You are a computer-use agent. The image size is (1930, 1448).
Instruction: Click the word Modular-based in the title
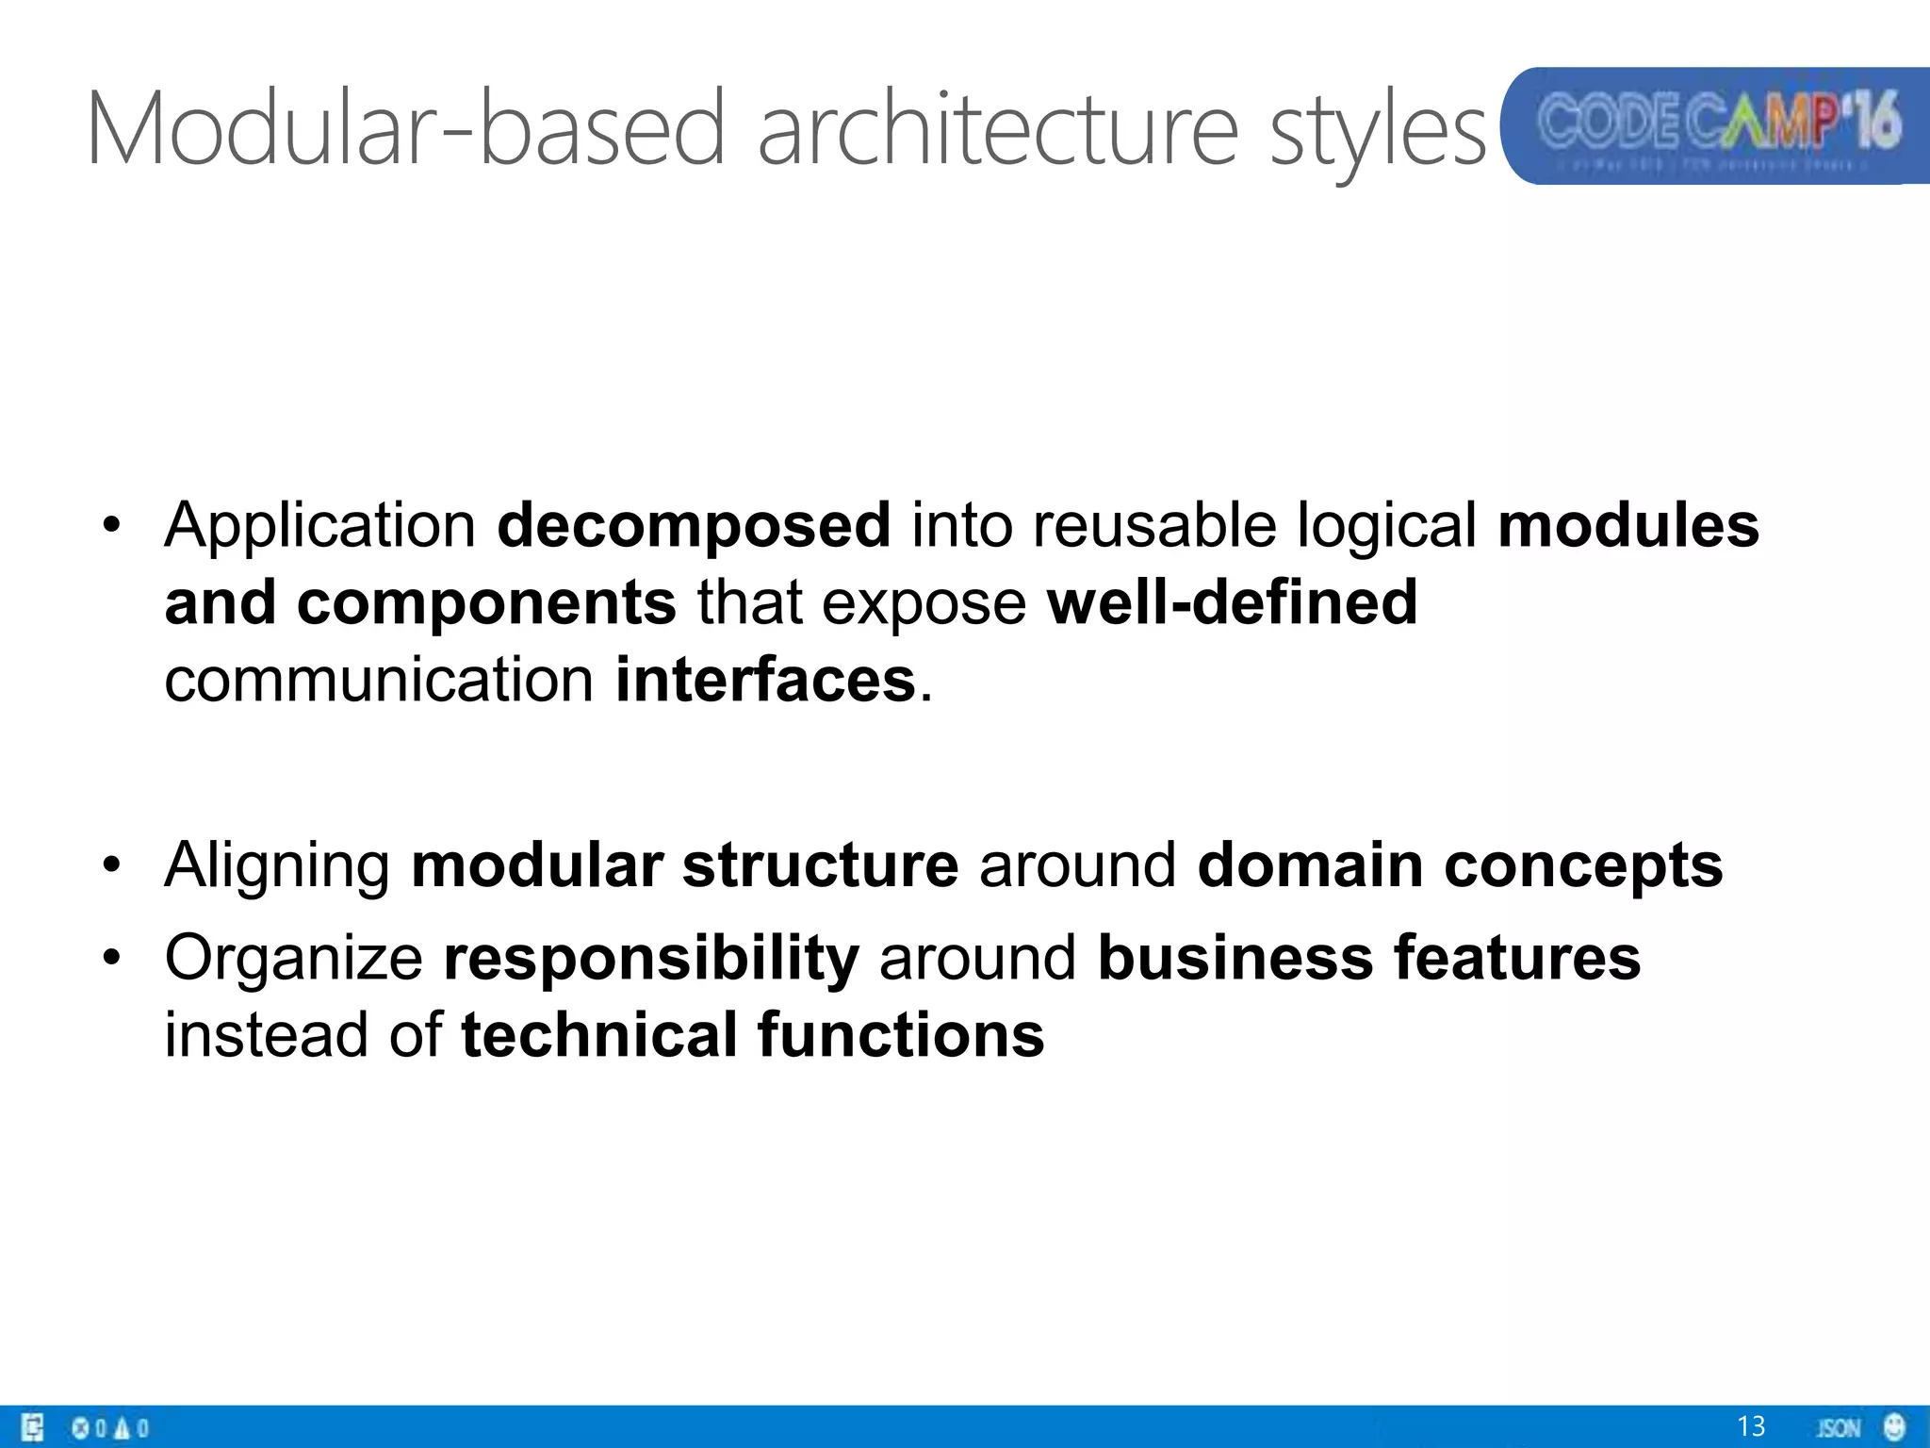coord(405,127)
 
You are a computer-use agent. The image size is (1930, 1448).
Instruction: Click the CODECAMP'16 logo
coord(1715,125)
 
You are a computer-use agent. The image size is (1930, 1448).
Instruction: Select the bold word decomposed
coord(694,526)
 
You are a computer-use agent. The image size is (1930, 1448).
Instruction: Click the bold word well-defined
coord(1232,602)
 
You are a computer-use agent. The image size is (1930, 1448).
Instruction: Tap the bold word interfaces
coord(764,680)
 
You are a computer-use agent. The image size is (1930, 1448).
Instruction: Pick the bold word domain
coord(1309,865)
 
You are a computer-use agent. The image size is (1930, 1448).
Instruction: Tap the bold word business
coord(1235,958)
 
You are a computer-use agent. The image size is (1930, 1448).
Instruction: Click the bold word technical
coord(598,1035)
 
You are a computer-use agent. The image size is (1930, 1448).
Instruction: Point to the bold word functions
coord(901,1035)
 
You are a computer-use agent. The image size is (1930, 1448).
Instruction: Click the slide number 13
coord(1750,1425)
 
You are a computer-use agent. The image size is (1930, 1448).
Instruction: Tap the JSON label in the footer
coord(1838,1427)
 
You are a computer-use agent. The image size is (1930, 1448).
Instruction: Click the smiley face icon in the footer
coord(1893,1425)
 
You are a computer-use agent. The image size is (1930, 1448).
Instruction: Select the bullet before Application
coord(112,527)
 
